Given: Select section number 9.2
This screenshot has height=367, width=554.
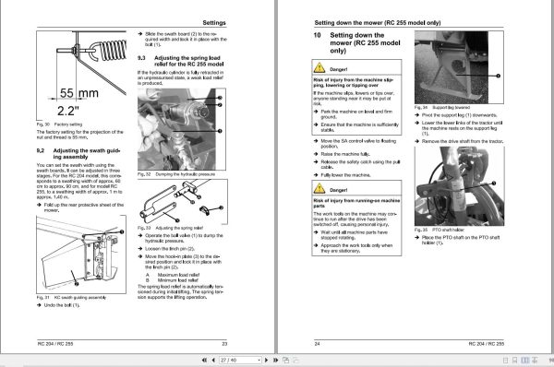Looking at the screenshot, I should tap(41, 149).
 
